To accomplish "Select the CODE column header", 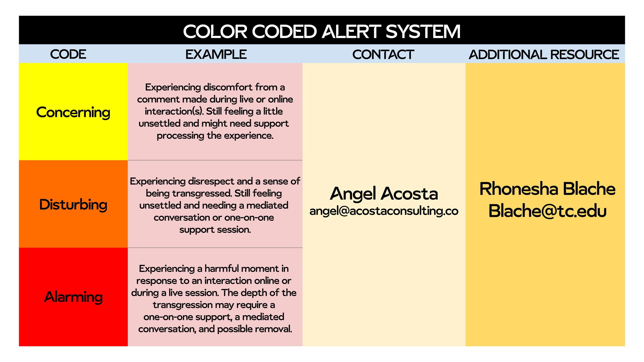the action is (68, 54).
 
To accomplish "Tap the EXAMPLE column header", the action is (216, 54).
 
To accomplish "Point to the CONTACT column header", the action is (383, 55).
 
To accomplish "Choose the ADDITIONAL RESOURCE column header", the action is (544, 55).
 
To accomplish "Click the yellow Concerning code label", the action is (73, 112).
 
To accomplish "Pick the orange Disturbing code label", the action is (73, 205).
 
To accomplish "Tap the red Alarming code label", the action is (73, 297).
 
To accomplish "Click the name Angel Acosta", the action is (384, 194).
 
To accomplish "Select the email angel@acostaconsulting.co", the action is (384, 211).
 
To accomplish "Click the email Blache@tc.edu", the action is (547, 211).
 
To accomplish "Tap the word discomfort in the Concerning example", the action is (228, 87).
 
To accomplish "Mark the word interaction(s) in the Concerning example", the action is (174, 111).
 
